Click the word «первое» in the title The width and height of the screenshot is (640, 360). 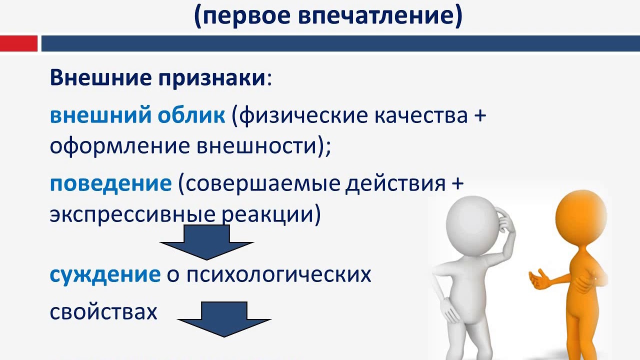245,15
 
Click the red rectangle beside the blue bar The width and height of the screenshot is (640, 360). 18,43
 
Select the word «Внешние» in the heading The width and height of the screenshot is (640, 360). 101,77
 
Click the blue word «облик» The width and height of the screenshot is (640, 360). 191,115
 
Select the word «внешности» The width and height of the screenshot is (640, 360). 257,146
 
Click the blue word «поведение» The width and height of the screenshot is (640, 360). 111,183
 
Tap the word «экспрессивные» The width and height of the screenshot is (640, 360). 132,215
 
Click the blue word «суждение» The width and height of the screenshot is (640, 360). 105,275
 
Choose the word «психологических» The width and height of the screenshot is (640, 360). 279,275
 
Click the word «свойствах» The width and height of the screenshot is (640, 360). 103,312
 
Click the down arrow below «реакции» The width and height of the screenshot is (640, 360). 206,242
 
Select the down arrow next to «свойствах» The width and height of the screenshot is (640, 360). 224,319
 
